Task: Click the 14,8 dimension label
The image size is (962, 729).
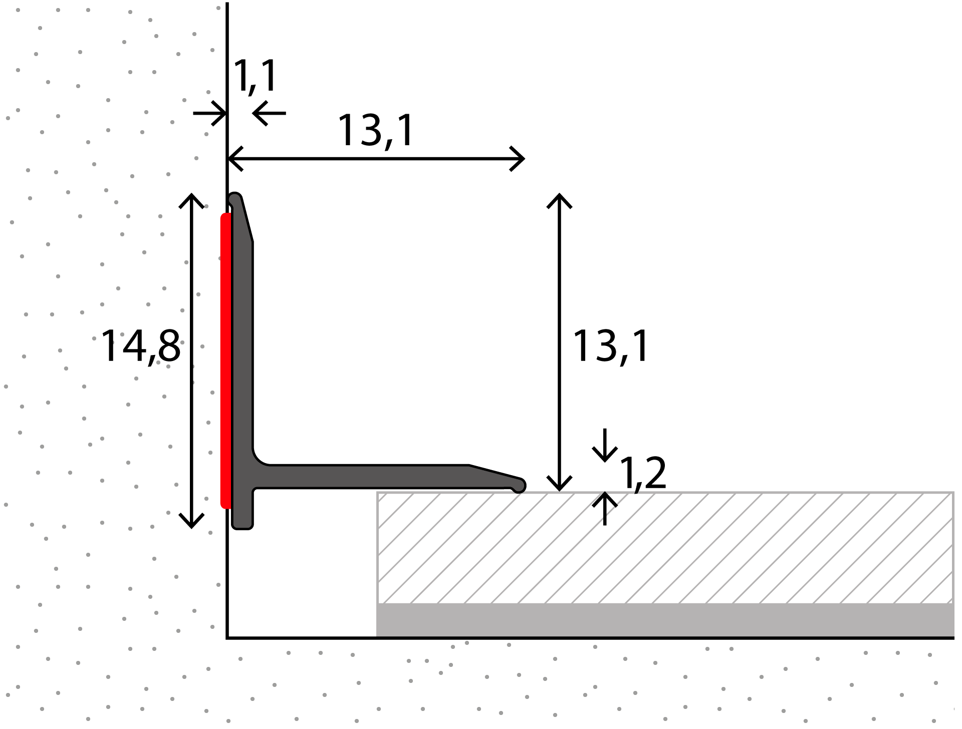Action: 141,346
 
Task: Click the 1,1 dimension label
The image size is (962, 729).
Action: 255,76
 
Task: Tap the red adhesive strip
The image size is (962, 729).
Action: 226,360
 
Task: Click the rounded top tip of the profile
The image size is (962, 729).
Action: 234,198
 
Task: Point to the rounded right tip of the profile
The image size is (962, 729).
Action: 520,485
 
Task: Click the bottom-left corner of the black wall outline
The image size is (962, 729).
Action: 227,638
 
